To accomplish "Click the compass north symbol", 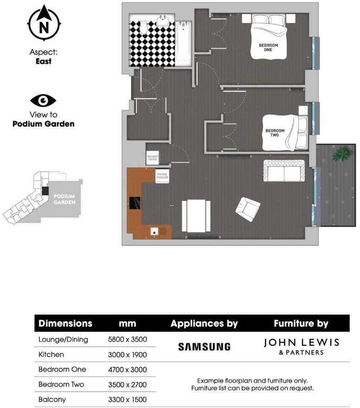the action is [44, 23].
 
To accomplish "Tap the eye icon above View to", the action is [43, 100].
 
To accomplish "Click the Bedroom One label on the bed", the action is [268, 47].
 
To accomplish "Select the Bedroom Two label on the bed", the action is [275, 133].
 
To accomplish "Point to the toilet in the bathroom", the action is [144, 27].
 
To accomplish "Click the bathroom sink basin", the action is [163, 21].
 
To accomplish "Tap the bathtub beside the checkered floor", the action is [184, 42].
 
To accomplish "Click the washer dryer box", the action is [153, 158].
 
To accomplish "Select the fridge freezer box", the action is [162, 176].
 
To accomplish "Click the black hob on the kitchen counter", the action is [135, 203].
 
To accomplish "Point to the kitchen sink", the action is [154, 231].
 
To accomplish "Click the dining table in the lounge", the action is [196, 216].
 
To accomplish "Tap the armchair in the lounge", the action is [248, 209].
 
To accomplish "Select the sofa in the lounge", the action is [284, 171].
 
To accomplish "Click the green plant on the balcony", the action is [341, 154].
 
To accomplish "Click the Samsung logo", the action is [204, 347].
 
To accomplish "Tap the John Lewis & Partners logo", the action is [302, 346].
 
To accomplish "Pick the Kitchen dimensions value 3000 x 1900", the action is [128, 355].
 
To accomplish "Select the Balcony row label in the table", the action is [52, 399].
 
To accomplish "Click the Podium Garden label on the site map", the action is [64, 199].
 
